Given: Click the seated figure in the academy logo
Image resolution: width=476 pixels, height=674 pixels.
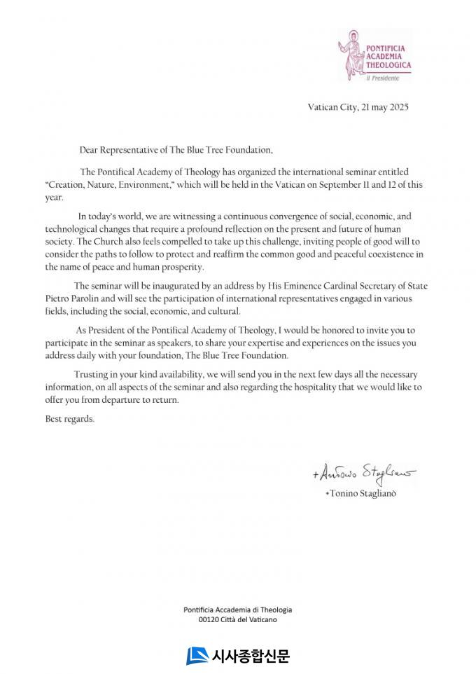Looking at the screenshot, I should coord(352,54).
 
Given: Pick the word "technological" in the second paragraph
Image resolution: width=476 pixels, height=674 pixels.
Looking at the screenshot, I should coord(69,229).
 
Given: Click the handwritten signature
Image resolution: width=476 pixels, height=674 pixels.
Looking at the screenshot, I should coord(364,474).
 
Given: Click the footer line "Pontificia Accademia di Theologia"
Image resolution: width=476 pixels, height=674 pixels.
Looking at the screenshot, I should coord(238,610).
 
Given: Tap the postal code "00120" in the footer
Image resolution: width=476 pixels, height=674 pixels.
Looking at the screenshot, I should coord(209,620).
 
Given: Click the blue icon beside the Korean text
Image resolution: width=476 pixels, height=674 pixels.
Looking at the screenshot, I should coord(197,656).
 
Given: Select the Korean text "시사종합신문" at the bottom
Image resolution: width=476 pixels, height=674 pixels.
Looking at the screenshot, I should coord(250,656).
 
